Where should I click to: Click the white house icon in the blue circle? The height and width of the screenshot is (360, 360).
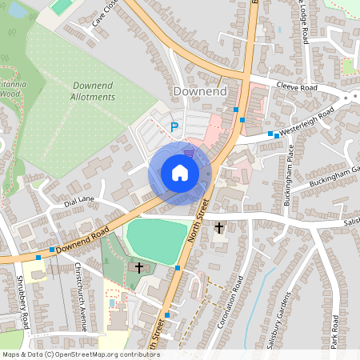click(x=180, y=172)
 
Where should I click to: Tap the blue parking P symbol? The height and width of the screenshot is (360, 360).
click(x=174, y=126)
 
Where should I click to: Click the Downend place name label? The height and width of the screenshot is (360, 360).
click(x=200, y=92)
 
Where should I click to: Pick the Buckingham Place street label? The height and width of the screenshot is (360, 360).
click(x=289, y=174)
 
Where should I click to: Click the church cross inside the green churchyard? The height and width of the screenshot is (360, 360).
click(x=139, y=267)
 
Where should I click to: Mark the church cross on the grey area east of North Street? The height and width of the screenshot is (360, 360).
click(x=219, y=228)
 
